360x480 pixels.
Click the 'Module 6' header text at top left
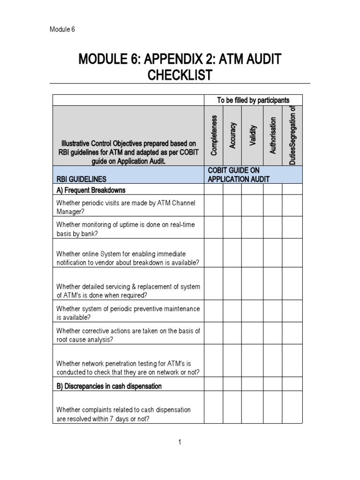coord(62,30)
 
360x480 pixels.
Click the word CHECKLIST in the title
coord(180,75)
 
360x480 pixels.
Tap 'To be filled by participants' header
coord(253,100)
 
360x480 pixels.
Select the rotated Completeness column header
coord(214,135)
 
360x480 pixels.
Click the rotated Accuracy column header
coord(232,135)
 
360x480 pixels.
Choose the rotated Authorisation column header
coord(273,135)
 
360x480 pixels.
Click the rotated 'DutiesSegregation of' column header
coord(292,135)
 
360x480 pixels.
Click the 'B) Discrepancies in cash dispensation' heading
coord(109,386)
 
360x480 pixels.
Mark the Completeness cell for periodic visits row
coord(213,207)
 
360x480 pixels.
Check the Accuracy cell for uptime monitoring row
coord(232,229)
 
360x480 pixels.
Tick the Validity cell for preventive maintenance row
coord(252,313)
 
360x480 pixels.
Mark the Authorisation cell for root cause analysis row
coord(273,335)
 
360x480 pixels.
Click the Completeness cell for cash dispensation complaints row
coord(213,407)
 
